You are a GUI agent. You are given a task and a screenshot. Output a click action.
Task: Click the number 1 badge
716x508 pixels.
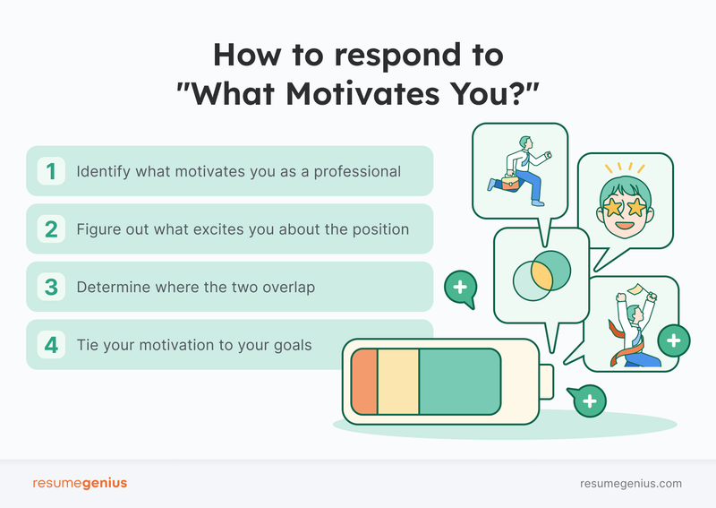pyautogui.click(x=51, y=171)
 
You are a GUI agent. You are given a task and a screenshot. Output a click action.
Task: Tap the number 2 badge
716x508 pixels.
pyautogui.click(x=51, y=229)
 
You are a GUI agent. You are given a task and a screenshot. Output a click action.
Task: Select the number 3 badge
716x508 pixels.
pyautogui.click(x=51, y=288)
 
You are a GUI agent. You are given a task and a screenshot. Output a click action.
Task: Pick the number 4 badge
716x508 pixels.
pyautogui.click(x=51, y=344)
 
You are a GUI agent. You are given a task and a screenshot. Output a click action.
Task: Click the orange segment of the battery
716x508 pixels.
pyautogui.click(x=364, y=382)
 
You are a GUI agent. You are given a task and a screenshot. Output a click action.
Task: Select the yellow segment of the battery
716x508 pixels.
pyautogui.click(x=398, y=382)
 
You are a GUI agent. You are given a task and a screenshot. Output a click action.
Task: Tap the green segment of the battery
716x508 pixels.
pyautogui.click(x=459, y=382)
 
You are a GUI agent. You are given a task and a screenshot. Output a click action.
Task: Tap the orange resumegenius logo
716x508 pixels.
pyautogui.click(x=80, y=483)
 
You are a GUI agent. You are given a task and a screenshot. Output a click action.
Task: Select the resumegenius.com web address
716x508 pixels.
pyautogui.click(x=631, y=483)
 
